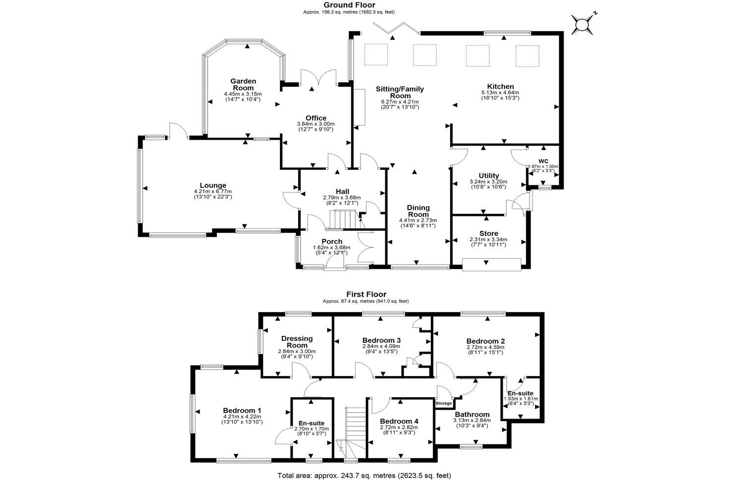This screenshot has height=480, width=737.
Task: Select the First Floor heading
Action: tap(366, 294)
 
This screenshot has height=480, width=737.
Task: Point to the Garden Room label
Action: tap(243, 84)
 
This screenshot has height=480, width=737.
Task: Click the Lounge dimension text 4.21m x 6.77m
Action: tap(212, 192)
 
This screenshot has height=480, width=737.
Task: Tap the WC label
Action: tap(543, 161)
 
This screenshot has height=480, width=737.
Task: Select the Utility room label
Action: tap(488, 176)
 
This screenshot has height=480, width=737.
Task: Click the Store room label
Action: tap(488, 233)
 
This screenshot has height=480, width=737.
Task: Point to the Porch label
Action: tap(331, 242)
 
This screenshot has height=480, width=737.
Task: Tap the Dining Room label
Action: tap(418, 211)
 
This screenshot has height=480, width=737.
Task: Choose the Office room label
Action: tap(316, 118)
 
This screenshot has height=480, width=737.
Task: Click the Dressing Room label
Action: tap(297, 342)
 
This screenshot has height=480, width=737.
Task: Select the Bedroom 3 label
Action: tap(381, 340)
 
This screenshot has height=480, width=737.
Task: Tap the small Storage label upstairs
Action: tap(444, 403)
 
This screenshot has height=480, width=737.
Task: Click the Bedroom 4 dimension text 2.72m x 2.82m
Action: tap(399, 427)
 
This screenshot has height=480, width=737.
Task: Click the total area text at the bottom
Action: tap(364, 475)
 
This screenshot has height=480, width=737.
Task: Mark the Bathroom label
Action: tap(472, 415)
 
